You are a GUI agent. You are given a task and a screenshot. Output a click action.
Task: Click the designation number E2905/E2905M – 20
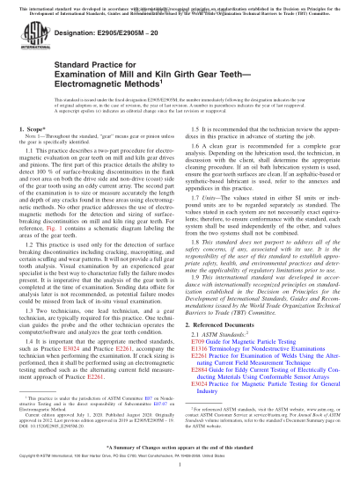pos(129,53)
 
